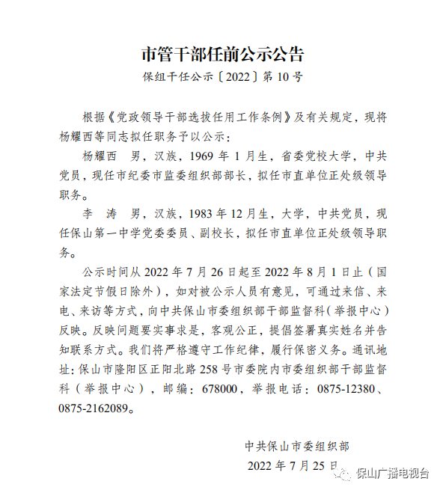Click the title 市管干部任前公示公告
coord(222,55)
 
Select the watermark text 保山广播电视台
coord(392,473)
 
